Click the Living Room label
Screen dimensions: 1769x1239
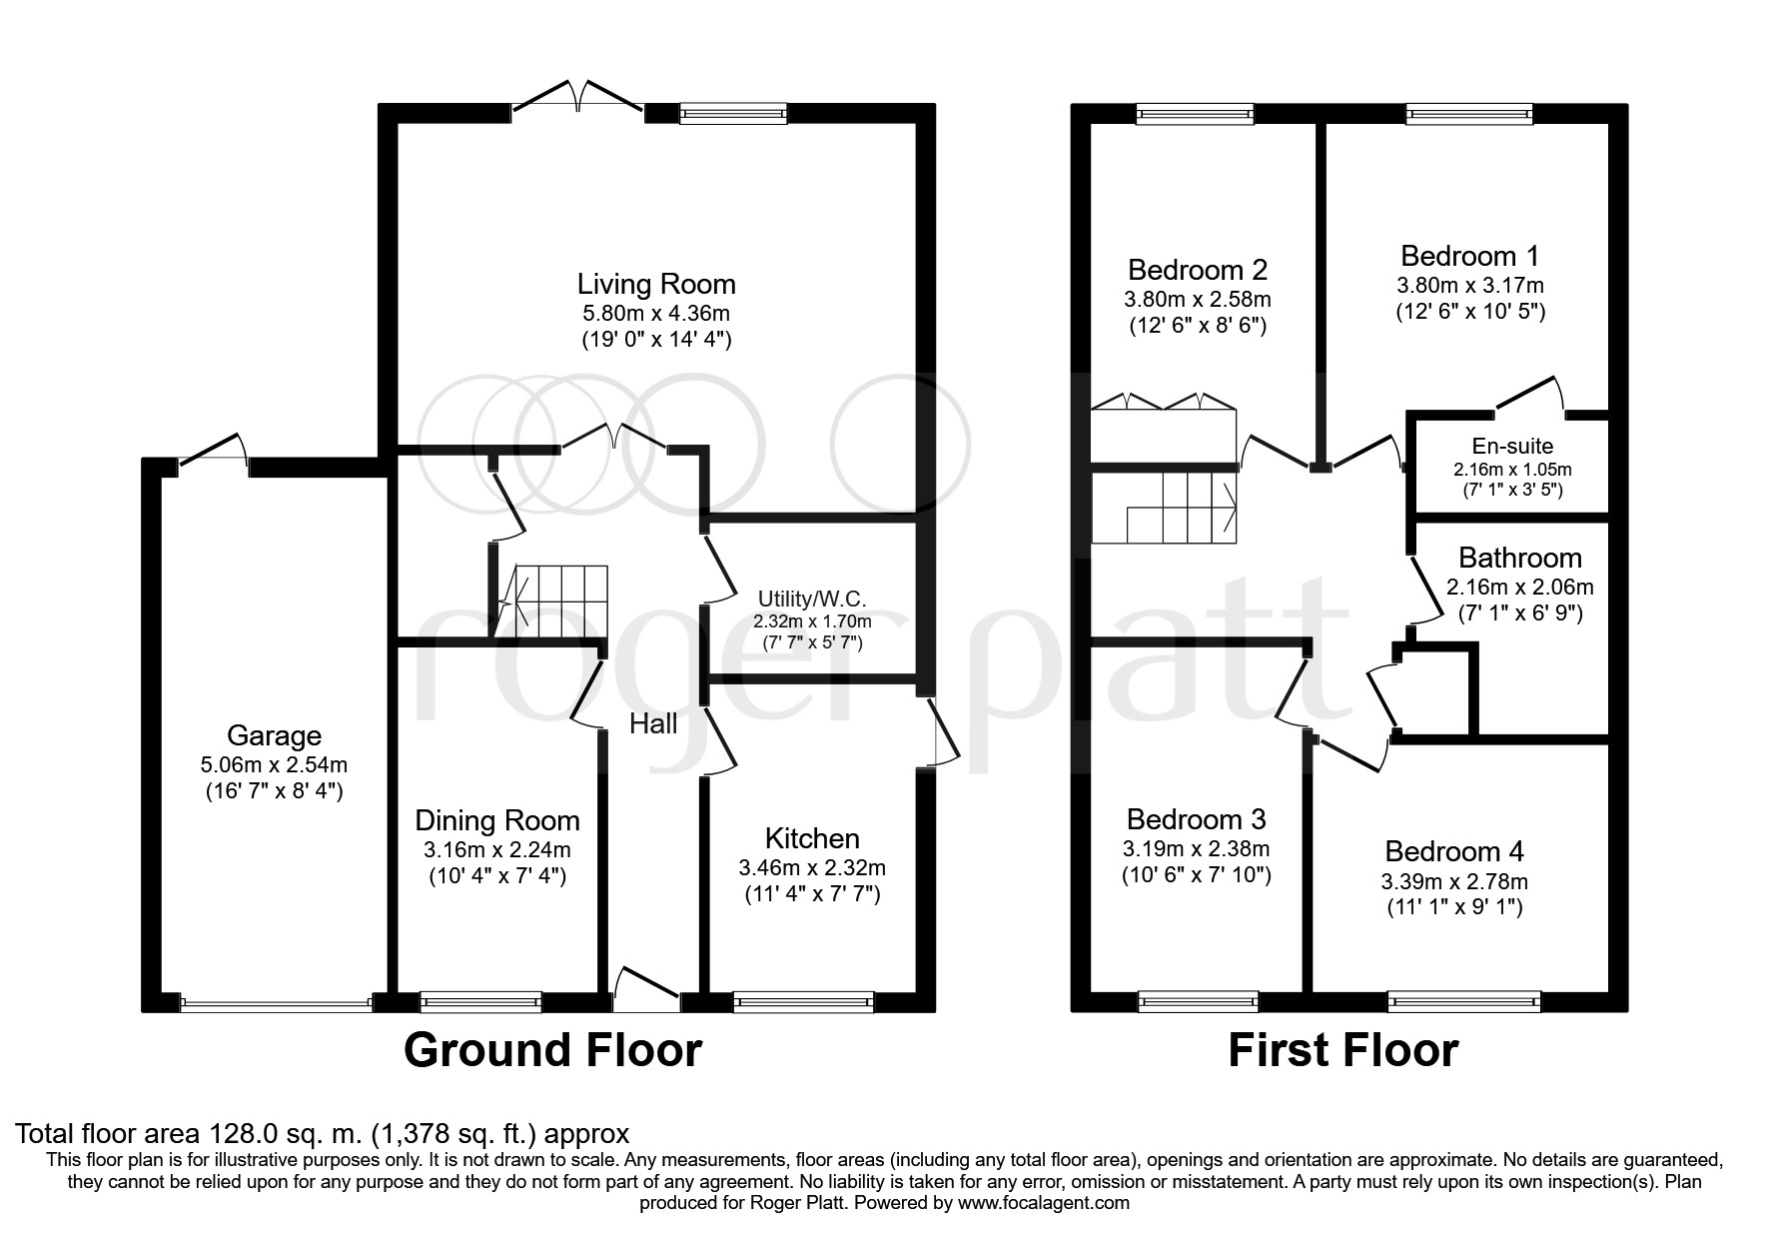[656, 285]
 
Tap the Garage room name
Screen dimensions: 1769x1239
[274, 736]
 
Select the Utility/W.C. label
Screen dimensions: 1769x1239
[811, 600]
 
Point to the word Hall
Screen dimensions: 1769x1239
[653, 723]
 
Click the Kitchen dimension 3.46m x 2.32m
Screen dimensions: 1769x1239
[812, 868]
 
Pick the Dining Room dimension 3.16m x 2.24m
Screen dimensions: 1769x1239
[496, 851]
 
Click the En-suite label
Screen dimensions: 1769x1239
[1512, 447]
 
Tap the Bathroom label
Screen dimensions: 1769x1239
[1520, 558]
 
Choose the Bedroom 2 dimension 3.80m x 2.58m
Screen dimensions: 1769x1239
[1197, 299]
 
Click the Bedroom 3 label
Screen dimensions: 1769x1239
[1196, 819]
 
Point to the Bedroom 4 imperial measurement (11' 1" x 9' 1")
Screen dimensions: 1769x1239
[1454, 908]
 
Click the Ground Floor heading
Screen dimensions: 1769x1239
[552, 1050]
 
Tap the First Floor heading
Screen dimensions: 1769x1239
[1342, 1050]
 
